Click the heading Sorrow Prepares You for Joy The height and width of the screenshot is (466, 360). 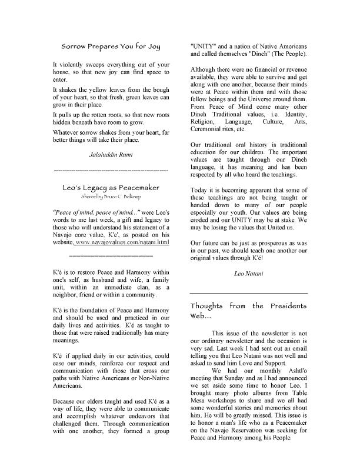[x=111, y=45]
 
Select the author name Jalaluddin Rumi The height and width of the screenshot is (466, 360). [x=111, y=155]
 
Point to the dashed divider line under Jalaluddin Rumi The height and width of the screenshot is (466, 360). [x=111, y=170]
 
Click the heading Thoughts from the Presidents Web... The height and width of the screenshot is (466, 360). [x=248, y=311]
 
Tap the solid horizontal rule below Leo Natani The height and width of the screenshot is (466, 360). [x=248, y=293]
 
